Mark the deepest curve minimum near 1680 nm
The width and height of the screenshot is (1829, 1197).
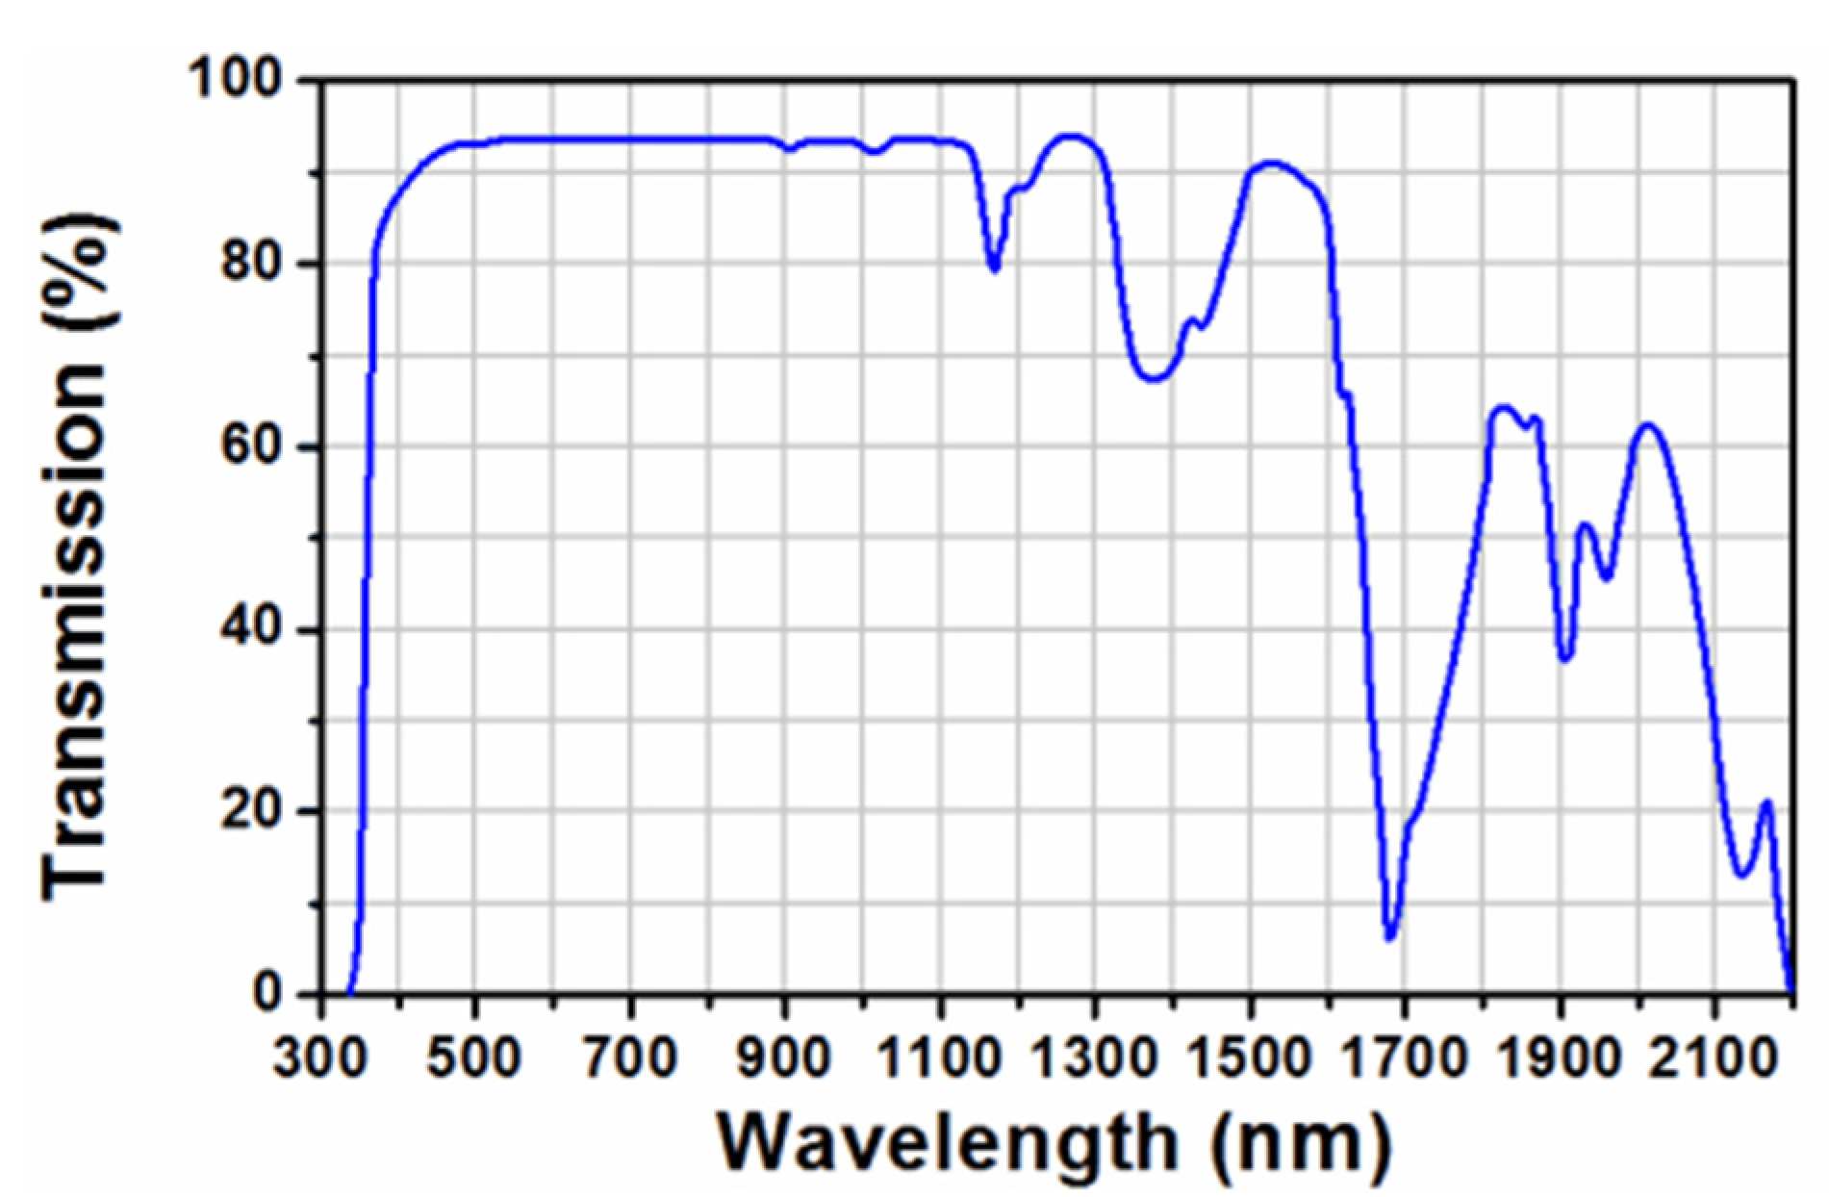point(1389,938)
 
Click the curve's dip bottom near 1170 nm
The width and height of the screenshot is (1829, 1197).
point(995,268)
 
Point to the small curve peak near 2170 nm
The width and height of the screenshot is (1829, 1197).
point(1765,802)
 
